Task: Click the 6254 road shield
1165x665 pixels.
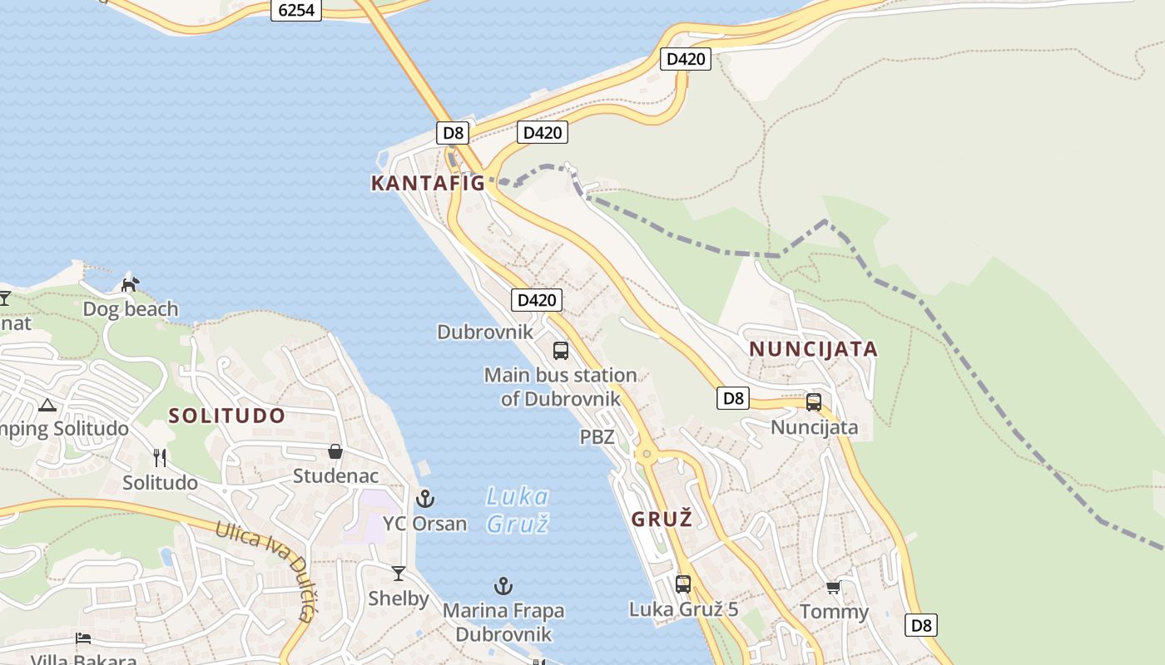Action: tap(296, 10)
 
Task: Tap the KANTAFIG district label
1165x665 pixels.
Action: tap(428, 183)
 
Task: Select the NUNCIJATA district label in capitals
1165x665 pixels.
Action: tap(813, 348)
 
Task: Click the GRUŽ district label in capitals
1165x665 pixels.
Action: tap(662, 520)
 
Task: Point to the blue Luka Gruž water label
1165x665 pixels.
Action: tap(517, 510)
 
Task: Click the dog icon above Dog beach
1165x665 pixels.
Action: tap(130, 284)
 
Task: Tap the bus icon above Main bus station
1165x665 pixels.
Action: tap(561, 350)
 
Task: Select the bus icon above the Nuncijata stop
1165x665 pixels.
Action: tap(814, 402)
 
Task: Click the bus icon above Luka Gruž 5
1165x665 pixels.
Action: tap(683, 584)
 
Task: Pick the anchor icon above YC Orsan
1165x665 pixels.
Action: tap(425, 499)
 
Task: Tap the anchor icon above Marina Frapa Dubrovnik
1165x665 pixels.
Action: tap(503, 586)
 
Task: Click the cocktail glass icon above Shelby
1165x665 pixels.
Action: tap(399, 573)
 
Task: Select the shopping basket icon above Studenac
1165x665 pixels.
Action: tap(335, 451)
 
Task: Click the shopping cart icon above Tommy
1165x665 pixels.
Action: tap(833, 588)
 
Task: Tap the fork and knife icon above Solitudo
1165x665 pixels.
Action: tap(160, 458)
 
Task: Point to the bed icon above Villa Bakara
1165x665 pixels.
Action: tap(83, 638)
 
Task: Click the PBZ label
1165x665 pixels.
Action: tap(597, 436)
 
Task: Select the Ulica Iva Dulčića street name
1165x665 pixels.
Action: tap(265, 569)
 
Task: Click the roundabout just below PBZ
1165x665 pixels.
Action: tap(646, 455)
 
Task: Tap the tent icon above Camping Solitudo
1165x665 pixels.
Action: tap(47, 406)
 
